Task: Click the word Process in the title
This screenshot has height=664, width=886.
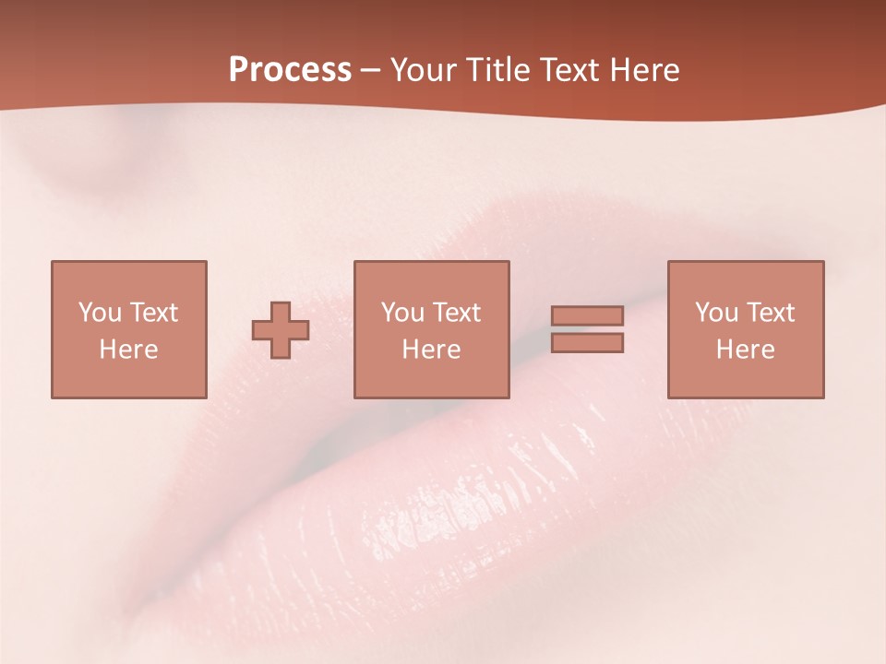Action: tap(290, 70)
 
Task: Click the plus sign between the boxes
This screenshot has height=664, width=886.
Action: tap(281, 330)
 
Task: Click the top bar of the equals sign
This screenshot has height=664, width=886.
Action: tap(587, 315)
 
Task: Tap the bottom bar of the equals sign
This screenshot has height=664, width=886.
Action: tap(587, 343)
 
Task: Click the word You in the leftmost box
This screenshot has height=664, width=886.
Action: tap(100, 313)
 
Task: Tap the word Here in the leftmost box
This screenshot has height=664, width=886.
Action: tap(128, 350)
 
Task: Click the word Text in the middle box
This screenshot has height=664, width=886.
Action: tap(456, 313)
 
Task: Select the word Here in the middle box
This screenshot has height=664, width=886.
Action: tap(431, 350)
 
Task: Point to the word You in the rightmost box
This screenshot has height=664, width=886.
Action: tap(716, 313)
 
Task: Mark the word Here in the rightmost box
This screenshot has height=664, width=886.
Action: tap(745, 350)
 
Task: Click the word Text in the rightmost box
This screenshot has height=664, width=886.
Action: tap(770, 313)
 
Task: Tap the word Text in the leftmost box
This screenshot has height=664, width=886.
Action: tap(153, 313)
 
